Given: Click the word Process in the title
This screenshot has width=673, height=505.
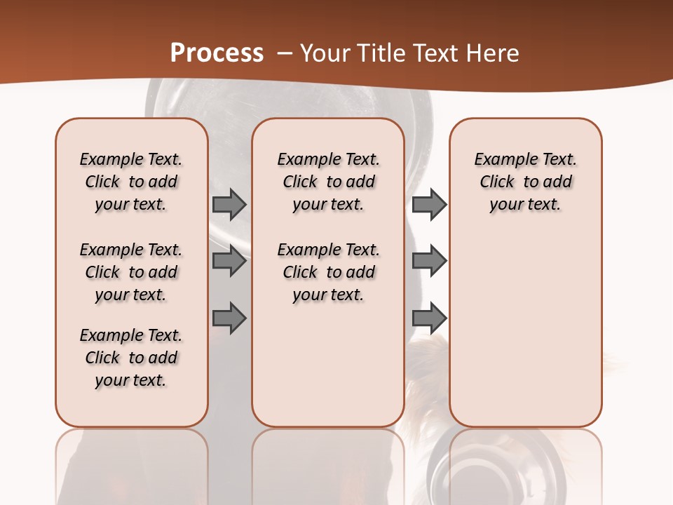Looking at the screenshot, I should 217,53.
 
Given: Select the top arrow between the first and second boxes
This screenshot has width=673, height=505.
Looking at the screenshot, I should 229,205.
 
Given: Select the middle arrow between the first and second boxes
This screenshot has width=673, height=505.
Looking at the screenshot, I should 229,262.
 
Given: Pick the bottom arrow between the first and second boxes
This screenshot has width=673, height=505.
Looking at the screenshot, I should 229,318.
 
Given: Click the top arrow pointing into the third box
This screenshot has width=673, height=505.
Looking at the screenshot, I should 429,205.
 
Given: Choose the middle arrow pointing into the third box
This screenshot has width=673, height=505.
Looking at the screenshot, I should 429,262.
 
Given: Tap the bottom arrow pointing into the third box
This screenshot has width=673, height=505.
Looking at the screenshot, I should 429,318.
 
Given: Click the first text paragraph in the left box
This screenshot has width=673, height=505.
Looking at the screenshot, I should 131,182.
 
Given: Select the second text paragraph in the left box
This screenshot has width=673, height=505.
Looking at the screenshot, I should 131,272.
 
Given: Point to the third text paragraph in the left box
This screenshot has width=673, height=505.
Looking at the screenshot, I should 131,358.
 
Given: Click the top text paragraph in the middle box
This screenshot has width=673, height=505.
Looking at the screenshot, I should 328,182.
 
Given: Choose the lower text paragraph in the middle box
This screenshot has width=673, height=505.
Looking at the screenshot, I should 328,272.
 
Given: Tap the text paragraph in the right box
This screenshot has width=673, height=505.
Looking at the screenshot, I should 526,182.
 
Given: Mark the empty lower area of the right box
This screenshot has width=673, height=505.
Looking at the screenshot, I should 526,330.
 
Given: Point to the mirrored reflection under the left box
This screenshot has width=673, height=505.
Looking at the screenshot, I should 131,463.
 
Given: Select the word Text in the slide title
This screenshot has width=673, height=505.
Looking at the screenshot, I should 437,53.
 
